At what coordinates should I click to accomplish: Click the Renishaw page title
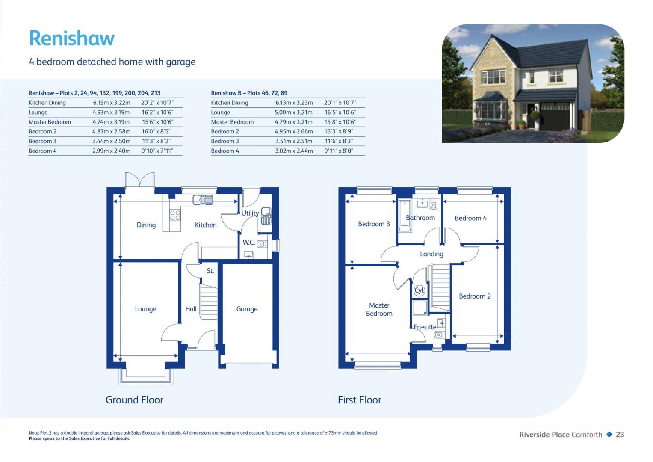point(72,38)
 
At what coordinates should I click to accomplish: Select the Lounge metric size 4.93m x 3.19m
point(111,112)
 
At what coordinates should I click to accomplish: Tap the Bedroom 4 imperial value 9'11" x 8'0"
point(338,151)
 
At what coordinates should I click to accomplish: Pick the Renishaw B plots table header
point(249,93)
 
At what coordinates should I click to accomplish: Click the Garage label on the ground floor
point(247,309)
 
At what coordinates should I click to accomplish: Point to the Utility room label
point(250,213)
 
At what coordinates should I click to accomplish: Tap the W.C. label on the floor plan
point(248,243)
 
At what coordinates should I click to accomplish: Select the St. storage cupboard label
point(210,271)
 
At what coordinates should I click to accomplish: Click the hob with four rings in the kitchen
point(175,216)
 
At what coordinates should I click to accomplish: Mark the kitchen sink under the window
point(203,200)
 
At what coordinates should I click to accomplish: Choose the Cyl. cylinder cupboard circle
point(419,290)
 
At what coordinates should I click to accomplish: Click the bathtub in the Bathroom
point(405,216)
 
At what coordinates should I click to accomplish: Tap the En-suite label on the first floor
point(425,327)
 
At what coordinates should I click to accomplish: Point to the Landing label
point(431,254)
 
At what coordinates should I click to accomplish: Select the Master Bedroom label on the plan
point(379,309)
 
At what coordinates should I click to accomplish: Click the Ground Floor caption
point(134,400)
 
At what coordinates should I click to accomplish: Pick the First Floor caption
point(360,400)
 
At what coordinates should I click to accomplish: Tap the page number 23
point(620,435)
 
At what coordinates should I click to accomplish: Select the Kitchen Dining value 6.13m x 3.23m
point(294,103)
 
